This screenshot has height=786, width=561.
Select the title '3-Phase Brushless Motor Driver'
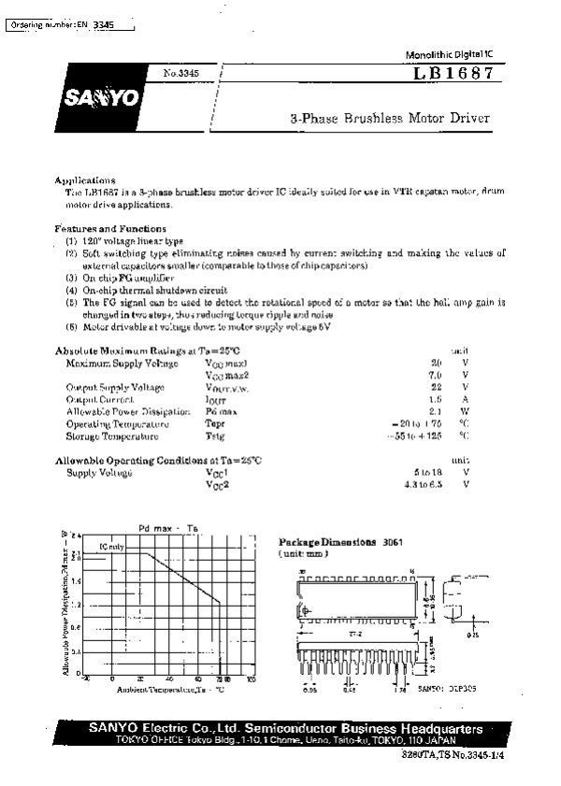coord(389,120)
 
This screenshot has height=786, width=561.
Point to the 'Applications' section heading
coord(85,179)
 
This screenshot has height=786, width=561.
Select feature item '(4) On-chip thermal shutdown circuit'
coord(147,290)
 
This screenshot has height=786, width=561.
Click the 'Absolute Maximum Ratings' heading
coord(154,350)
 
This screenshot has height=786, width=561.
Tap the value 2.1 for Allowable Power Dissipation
coord(435,411)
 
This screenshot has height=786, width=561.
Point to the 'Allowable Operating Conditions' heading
coord(159,460)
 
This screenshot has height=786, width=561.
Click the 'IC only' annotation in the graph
coord(111,546)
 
